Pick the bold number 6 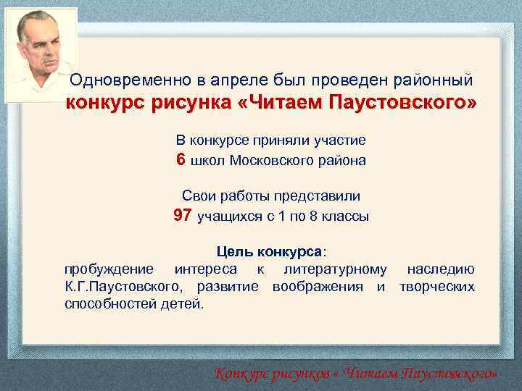pyautogui.click(x=181, y=159)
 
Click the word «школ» pyautogui.click(x=208, y=161)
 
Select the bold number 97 pyautogui.click(x=182, y=215)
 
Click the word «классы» pyautogui.click(x=347, y=216)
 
